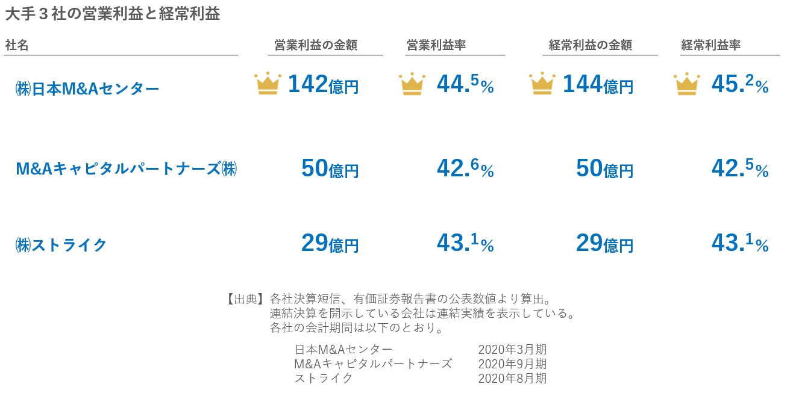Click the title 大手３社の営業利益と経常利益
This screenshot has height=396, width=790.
(112, 14)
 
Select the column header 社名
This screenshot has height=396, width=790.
(17, 45)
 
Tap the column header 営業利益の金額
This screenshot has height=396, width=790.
(316, 45)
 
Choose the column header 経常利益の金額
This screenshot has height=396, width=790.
(590, 45)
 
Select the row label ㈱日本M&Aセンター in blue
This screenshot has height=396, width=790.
(87, 89)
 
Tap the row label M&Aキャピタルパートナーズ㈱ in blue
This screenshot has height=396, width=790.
(126, 169)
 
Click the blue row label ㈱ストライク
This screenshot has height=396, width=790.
(61, 245)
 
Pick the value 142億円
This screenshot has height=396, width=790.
(323, 85)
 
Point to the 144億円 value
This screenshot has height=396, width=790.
(598, 85)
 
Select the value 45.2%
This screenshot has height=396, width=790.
(740, 85)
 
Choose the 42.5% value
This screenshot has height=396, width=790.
(740, 169)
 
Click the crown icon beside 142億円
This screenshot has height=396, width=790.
(268, 84)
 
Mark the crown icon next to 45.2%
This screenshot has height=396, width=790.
(687, 84)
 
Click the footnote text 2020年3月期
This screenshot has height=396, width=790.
(512, 349)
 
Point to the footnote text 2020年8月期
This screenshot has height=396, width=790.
(512, 379)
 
